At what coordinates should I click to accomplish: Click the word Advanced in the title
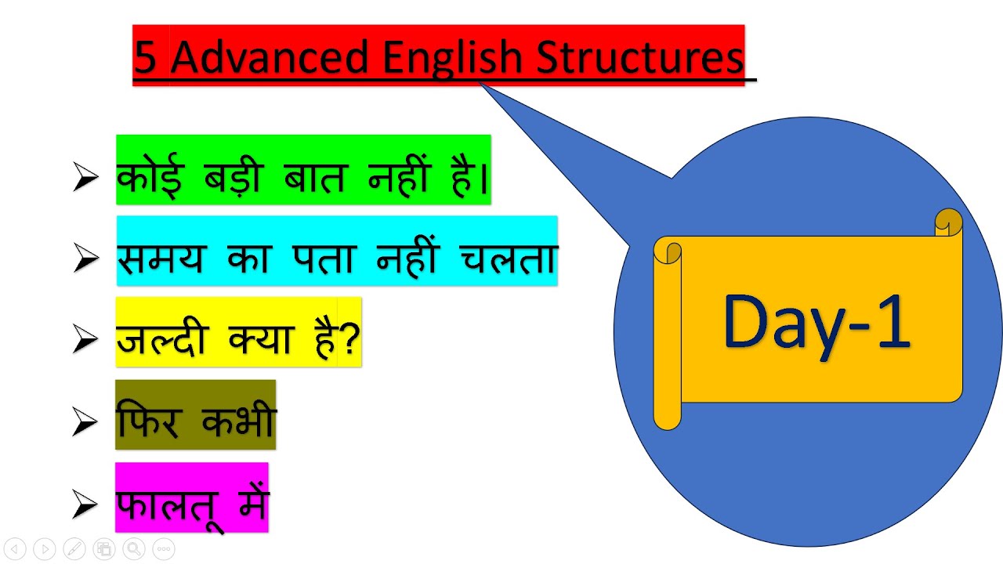pyautogui.click(x=269, y=57)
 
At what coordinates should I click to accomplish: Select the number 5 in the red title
pyautogui.click(x=144, y=57)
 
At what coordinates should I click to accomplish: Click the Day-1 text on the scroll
pyautogui.click(x=817, y=321)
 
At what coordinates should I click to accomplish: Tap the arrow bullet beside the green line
pyautogui.click(x=85, y=179)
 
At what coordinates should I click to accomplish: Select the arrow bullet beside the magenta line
pyautogui.click(x=85, y=506)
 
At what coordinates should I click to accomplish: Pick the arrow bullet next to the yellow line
pyautogui.click(x=85, y=341)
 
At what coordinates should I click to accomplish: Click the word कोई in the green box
pyautogui.click(x=149, y=176)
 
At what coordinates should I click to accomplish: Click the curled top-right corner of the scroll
pyautogui.click(x=949, y=222)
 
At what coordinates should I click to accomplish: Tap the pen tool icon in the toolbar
pyautogui.click(x=74, y=549)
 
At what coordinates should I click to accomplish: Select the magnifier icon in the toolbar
pyautogui.click(x=133, y=549)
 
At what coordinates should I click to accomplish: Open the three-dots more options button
pyautogui.click(x=162, y=549)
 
